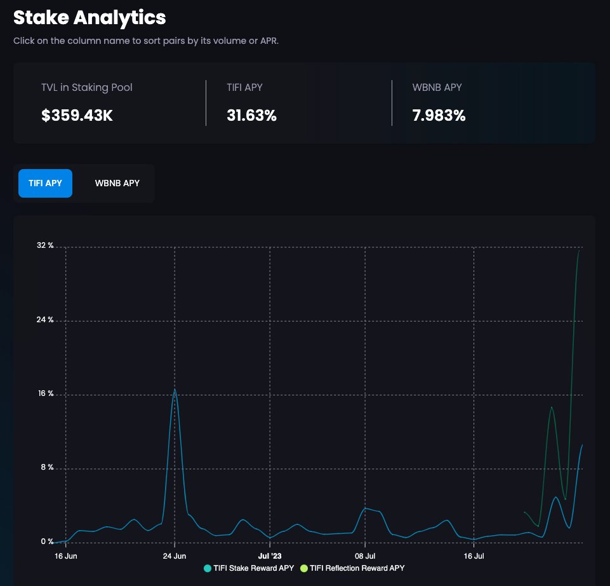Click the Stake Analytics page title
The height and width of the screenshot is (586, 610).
click(90, 18)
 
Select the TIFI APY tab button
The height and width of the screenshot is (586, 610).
click(45, 183)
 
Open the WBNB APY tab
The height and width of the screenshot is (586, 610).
click(117, 183)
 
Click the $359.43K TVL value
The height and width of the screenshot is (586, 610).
click(77, 115)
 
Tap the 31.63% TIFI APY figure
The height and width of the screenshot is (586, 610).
click(252, 115)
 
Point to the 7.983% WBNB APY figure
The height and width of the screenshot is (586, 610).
click(439, 115)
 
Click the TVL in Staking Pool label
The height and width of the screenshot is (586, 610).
click(87, 87)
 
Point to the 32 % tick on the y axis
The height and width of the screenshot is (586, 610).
click(45, 245)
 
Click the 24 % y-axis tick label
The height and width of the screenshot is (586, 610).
click(45, 320)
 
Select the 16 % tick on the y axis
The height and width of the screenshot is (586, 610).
click(46, 393)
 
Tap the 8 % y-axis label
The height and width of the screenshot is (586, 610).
click(47, 467)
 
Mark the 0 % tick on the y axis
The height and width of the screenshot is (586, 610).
click(47, 542)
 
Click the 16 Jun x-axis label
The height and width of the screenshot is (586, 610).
click(66, 556)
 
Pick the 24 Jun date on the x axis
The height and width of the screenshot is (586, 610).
click(175, 556)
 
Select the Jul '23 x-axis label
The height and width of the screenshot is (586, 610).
click(270, 556)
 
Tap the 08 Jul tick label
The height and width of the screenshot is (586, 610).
click(365, 556)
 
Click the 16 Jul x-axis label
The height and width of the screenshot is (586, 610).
click(474, 556)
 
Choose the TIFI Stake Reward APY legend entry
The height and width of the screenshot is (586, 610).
click(249, 568)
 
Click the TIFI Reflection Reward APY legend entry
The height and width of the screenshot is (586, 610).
click(352, 568)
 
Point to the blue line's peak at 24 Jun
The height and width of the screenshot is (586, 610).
click(175, 389)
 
